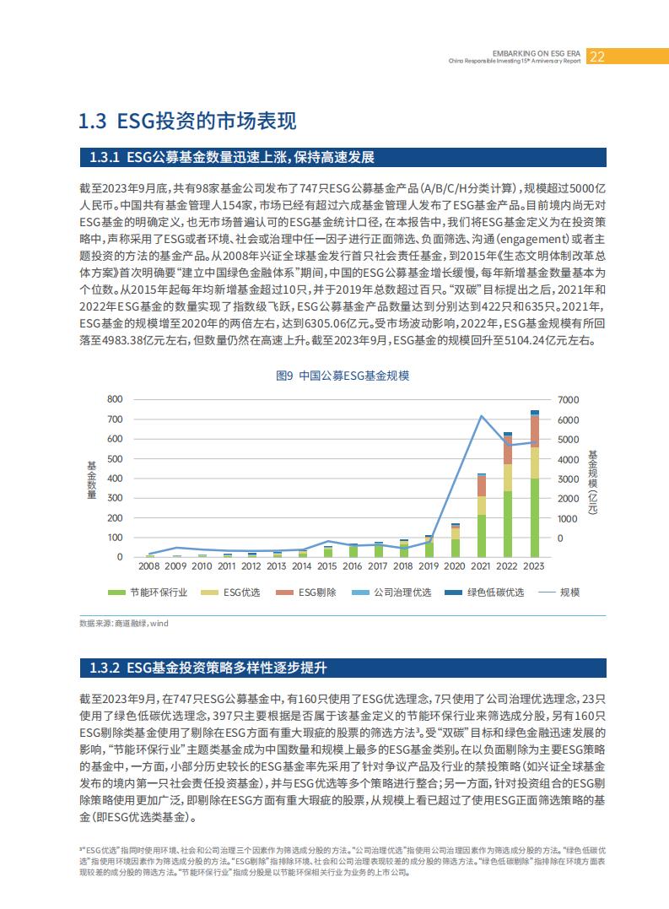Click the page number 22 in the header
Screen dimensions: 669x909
point(596,57)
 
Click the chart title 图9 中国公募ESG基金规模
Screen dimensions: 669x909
point(343,376)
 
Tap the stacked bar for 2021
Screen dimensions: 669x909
point(482,516)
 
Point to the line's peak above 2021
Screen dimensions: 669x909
point(481,415)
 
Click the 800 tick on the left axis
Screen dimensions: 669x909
point(115,399)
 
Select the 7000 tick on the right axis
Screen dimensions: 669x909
point(569,400)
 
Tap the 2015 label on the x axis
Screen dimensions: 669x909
point(326,565)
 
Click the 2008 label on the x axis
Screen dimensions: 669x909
point(148,565)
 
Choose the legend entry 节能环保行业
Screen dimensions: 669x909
point(148,592)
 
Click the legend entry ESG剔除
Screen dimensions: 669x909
point(306,592)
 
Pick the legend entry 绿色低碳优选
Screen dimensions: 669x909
point(484,592)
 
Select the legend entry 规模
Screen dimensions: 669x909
point(559,592)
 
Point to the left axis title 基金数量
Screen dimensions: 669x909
point(91,480)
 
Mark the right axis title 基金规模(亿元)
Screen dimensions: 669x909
point(592,482)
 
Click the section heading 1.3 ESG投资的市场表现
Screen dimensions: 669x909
point(187,121)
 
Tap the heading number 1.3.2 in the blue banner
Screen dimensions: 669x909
point(105,668)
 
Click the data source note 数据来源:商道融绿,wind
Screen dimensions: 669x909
point(124,623)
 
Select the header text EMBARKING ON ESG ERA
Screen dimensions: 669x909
point(537,53)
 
